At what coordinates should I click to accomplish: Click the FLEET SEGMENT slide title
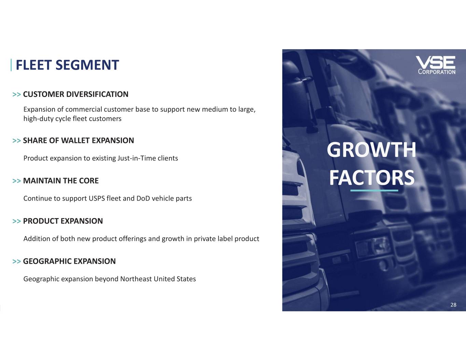(67, 65)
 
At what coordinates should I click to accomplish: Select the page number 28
(453, 305)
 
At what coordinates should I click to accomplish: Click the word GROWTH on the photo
(371, 150)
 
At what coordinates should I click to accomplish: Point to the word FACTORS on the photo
(372, 177)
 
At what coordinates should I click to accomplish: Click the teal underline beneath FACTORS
(374, 190)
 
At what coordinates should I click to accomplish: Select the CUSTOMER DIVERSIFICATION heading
(76, 94)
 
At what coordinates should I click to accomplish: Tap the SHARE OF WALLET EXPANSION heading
(79, 141)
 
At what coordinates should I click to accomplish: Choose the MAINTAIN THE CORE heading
(61, 181)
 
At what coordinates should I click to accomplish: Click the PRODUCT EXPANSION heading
(63, 221)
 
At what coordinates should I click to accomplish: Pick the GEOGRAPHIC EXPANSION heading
(70, 261)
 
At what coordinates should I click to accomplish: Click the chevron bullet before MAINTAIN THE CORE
(16, 181)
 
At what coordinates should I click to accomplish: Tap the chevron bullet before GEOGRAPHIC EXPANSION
(16, 262)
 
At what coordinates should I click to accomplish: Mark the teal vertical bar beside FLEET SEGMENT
(11, 65)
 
